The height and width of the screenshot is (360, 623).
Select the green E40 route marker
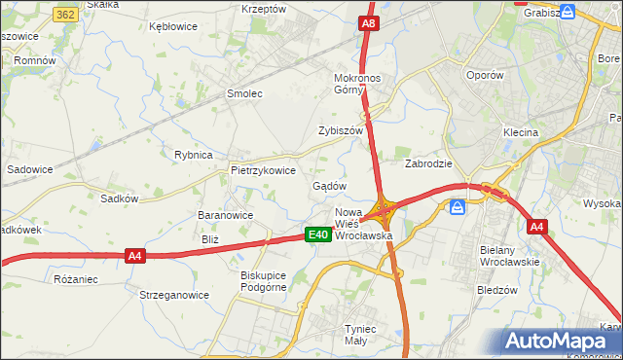pyautogui.click(x=316, y=234)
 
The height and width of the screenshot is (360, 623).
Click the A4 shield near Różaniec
pyautogui.click(x=135, y=256)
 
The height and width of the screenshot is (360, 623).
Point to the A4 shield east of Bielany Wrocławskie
pyautogui.click(x=536, y=227)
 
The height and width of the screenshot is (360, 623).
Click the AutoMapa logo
pyautogui.click(x=559, y=341)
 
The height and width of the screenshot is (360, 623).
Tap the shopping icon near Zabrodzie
pyautogui.click(x=456, y=205)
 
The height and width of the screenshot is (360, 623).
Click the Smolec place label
pyautogui.click(x=244, y=93)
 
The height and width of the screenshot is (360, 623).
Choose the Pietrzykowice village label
pyautogui.click(x=263, y=169)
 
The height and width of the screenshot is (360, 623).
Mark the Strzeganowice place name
pyautogui.click(x=174, y=294)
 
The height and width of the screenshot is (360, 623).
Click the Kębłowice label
pyautogui.click(x=173, y=27)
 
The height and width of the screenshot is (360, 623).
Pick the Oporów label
pyautogui.click(x=484, y=75)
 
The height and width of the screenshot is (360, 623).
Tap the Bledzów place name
pyautogui.click(x=496, y=289)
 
